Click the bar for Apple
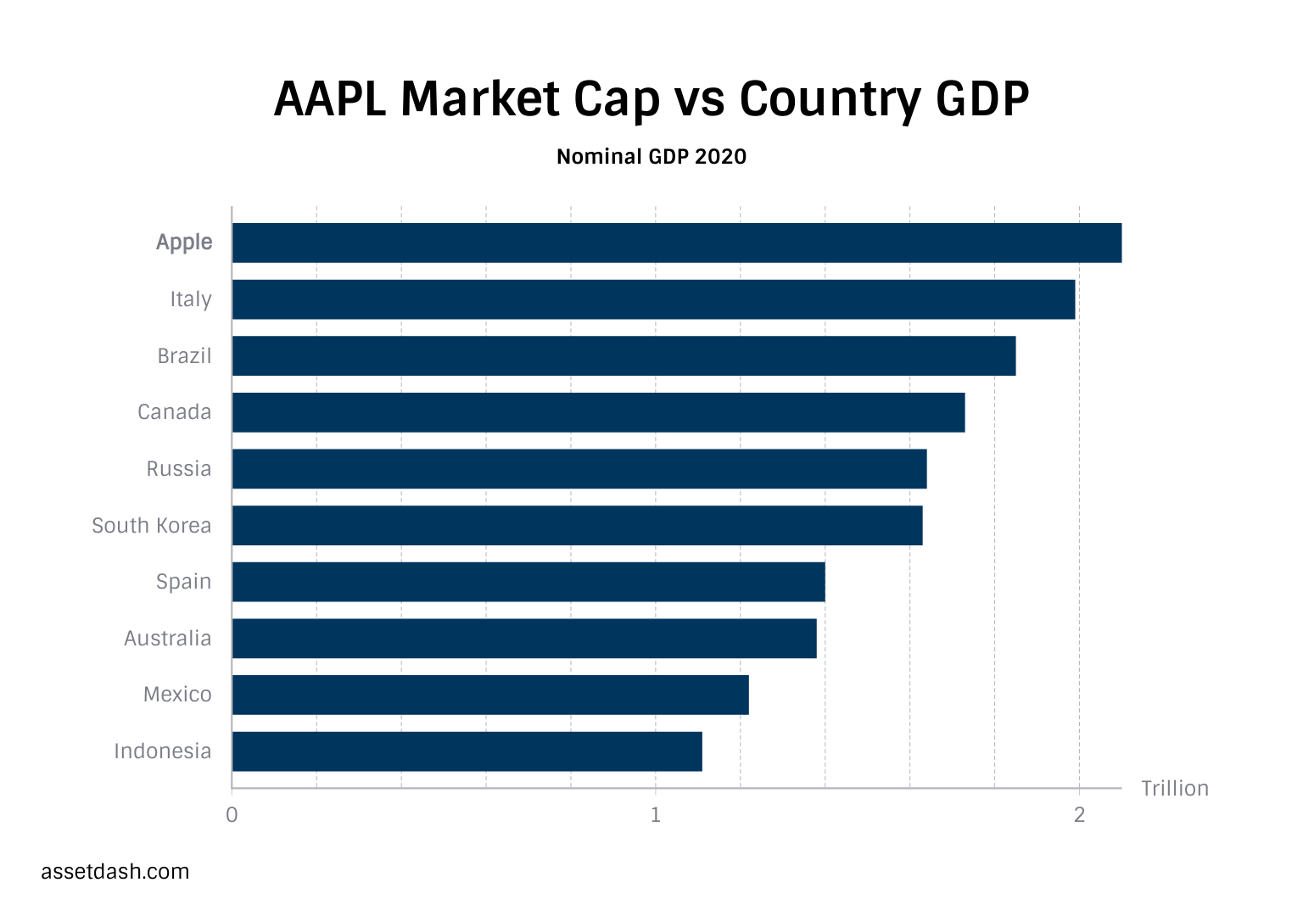(x=676, y=243)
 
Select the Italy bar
(x=653, y=299)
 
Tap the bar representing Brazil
(x=624, y=355)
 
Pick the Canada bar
(x=598, y=412)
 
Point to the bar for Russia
(x=579, y=469)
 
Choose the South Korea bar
(x=577, y=525)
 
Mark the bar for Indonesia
(x=467, y=751)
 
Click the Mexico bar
(x=490, y=695)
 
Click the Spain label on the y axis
(x=183, y=582)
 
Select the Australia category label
(x=167, y=638)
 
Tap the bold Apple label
(x=184, y=243)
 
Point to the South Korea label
(x=151, y=526)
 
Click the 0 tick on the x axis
(x=232, y=816)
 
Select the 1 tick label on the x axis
(x=655, y=816)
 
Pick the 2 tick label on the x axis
(x=1079, y=816)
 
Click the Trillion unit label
(x=1174, y=789)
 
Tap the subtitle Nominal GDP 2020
(x=651, y=157)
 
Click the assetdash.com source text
(x=115, y=872)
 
